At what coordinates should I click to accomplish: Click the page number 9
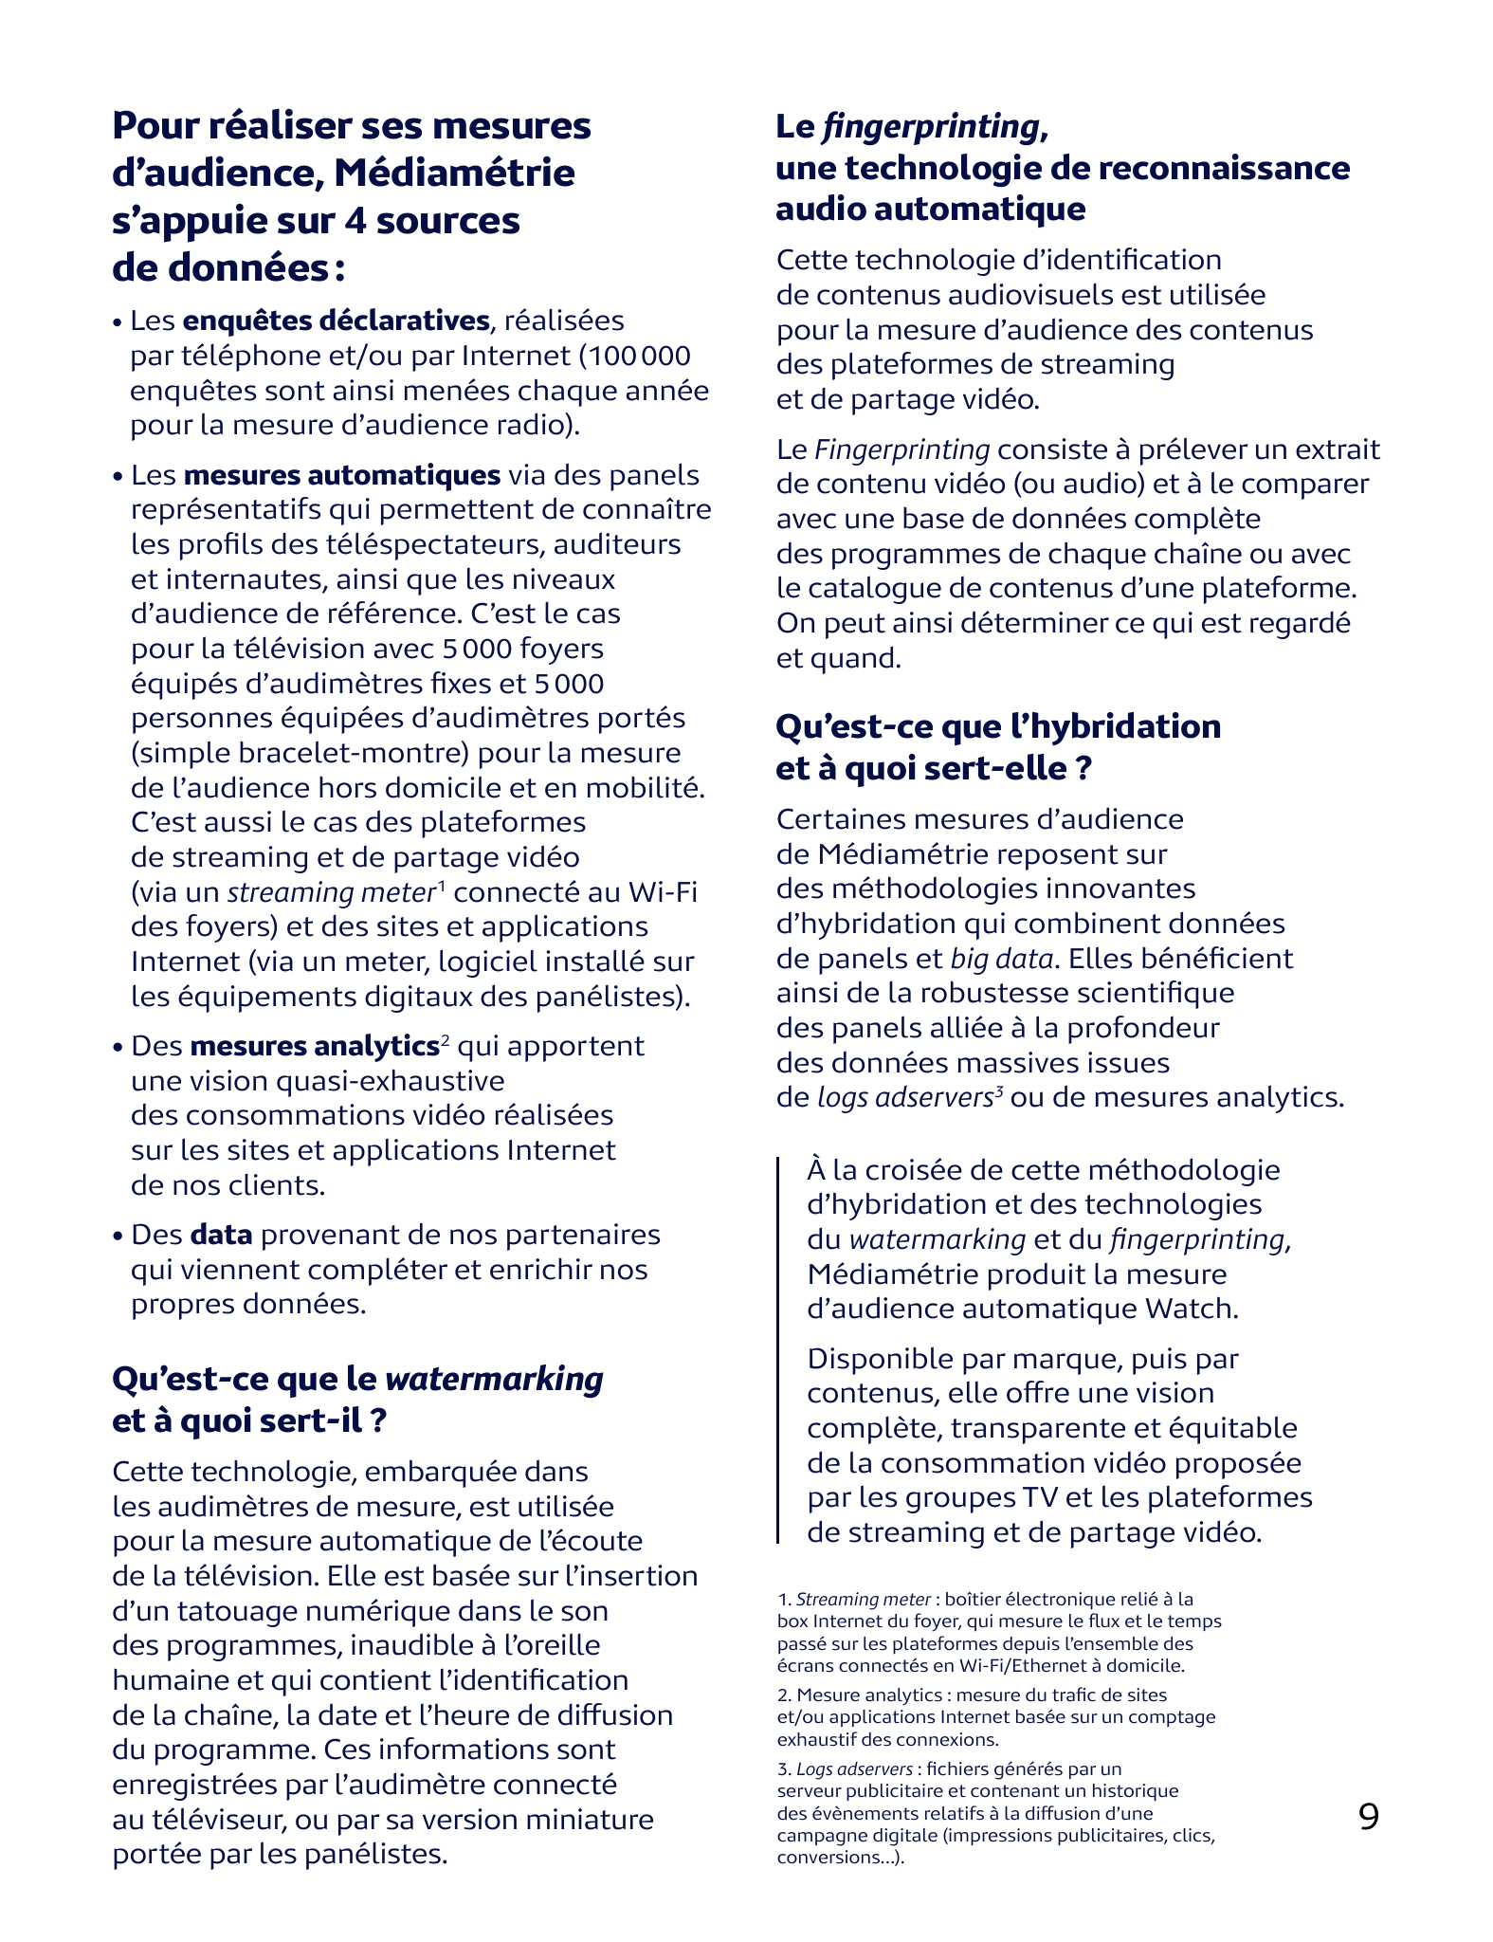(x=1368, y=1816)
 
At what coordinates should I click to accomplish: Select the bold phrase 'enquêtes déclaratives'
(x=336, y=321)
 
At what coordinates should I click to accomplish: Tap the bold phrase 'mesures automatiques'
(x=341, y=475)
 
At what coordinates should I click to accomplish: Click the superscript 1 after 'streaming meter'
(x=442, y=886)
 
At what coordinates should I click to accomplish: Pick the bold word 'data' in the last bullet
(x=221, y=1235)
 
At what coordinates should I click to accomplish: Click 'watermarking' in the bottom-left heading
(x=494, y=1378)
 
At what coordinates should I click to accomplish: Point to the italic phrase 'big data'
(x=1002, y=959)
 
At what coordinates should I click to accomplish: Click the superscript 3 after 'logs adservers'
(x=999, y=1091)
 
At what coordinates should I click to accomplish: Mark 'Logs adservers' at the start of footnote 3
(x=854, y=1768)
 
